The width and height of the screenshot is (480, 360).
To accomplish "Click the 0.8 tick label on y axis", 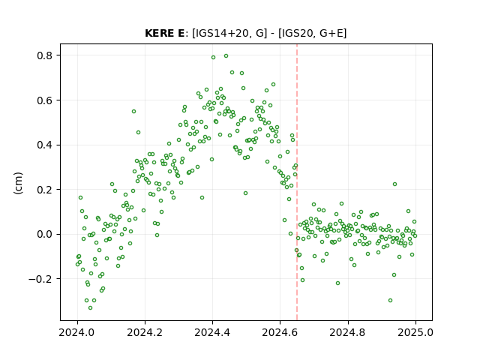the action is tap(44, 55).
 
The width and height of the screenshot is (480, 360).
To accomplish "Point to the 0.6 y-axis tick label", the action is tap(44, 100).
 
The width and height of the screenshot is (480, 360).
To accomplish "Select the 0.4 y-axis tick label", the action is tap(44, 145).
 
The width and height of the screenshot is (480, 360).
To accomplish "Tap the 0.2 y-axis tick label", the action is tap(44, 190).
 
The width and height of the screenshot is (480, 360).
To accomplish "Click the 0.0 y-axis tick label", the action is tap(44, 234).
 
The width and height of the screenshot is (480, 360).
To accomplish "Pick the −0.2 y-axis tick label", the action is tap(40, 279).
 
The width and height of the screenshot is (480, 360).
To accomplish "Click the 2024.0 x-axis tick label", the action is tap(77, 332).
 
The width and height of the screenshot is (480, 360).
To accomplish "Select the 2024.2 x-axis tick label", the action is tap(145, 332).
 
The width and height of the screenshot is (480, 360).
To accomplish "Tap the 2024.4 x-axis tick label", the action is tap(212, 332).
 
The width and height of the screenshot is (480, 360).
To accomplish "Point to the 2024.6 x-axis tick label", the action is tap(280, 332).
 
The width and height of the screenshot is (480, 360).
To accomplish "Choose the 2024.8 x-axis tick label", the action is tap(348, 332).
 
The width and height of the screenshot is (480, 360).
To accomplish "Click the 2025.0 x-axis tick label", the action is tap(415, 332).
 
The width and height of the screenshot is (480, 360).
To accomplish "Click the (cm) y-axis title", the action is tap(18, 183).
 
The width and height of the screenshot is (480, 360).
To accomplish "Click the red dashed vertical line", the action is tap(297, 182).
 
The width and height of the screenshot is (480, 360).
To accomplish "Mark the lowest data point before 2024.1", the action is tap(90, 307).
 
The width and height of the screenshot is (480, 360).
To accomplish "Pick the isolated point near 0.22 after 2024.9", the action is tap(395, 184).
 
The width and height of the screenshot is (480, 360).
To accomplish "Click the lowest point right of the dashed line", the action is tap(390, 300).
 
